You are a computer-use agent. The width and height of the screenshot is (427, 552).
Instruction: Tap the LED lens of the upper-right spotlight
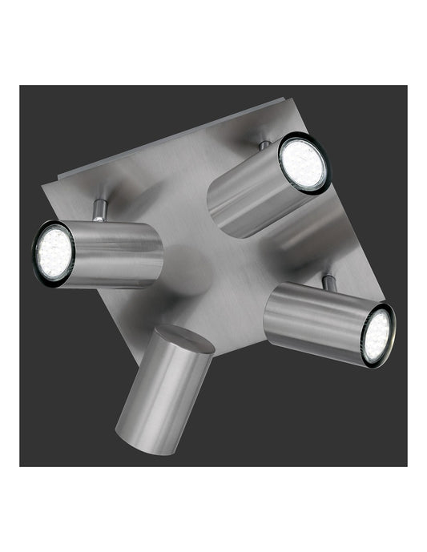pos(304,163)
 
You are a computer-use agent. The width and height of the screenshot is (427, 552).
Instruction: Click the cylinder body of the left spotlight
pos(116,255)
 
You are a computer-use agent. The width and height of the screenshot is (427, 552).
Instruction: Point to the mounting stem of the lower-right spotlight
pos(327,281)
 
